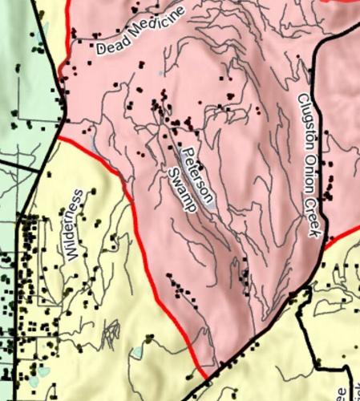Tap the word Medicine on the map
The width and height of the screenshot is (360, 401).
point(155,26)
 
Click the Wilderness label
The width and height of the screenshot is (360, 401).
point(75,225)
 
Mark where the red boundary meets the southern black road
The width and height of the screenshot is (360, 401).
point(207,375)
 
